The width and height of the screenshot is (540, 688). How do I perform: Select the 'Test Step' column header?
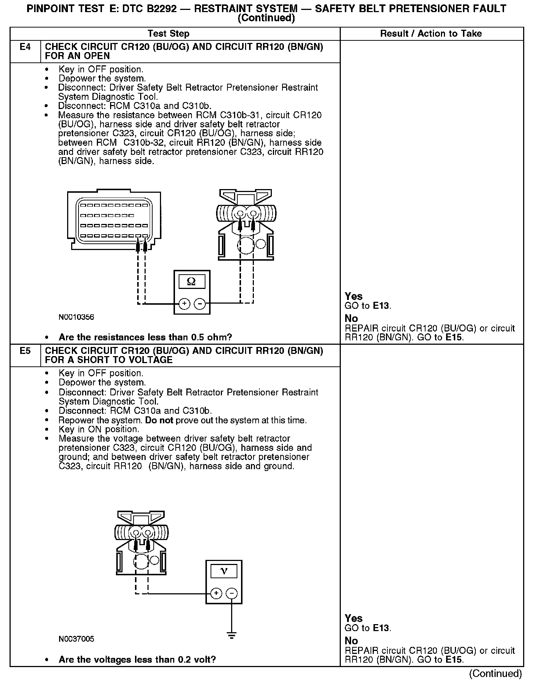[168, 34]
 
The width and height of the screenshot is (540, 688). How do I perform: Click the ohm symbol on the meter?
[191, 282]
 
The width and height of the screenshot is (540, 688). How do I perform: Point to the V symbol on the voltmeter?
[224, 571]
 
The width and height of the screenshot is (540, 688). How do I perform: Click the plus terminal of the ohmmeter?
[184, 304]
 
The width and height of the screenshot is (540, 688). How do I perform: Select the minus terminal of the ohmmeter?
[200, 304]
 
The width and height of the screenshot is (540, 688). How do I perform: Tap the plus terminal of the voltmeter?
[216, 594]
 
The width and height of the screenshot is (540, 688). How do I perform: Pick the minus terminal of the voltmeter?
[231, 594]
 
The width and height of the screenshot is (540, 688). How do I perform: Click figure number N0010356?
[76, 317]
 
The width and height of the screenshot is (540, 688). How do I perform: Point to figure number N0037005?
[76, 639]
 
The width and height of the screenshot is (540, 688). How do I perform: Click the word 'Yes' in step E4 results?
[354, 296]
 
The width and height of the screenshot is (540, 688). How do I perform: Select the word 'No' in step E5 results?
[351, 641]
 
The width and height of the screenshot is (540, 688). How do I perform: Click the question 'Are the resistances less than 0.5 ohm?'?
[145, 337]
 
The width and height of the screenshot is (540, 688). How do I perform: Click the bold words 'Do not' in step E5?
[159, 420]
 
